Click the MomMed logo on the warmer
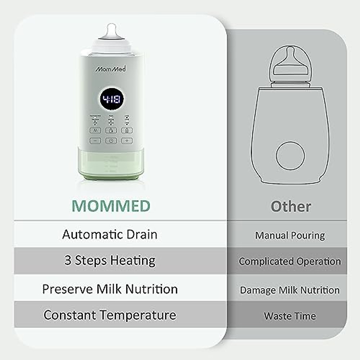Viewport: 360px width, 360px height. pos(111,69)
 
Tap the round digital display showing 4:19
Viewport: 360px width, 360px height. pos(111,99)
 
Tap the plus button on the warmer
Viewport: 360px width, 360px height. pos(127,140)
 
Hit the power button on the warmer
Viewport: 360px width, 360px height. pos(111,140)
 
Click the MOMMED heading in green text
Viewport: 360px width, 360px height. pos(111,206)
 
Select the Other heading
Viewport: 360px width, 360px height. pos(291,207)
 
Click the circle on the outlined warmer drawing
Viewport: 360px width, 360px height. pos(290,156)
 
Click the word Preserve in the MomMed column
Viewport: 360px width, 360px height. pos(67,289)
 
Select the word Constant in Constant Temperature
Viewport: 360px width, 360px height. pos(70,315)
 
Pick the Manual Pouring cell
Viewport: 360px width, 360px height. pos(290,235)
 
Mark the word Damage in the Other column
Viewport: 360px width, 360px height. pos(258,290)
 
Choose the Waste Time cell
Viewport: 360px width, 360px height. pos(290,316)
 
